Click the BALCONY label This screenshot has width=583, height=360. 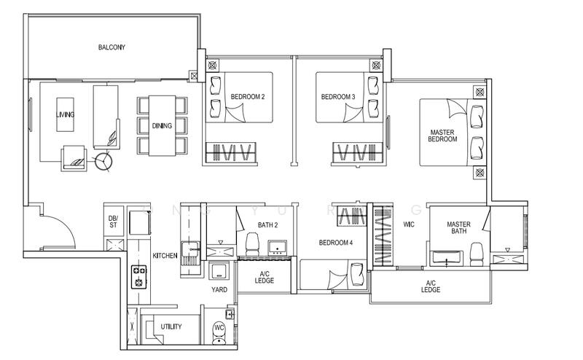[x=112, y=48]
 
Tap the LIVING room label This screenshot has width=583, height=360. [x=65, y=115]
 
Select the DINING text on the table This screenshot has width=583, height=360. [x=162, y=125]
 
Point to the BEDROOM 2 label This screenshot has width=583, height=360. [x=247, y=97]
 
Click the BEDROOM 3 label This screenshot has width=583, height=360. [x=337, y=97]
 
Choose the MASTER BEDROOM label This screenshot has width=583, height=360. [x=442, y=135]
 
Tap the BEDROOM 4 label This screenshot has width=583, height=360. [x=336, y=242]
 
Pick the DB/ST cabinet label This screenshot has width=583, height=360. [x=112, y=223]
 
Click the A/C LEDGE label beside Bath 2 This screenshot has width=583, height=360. [x=264, y=278]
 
